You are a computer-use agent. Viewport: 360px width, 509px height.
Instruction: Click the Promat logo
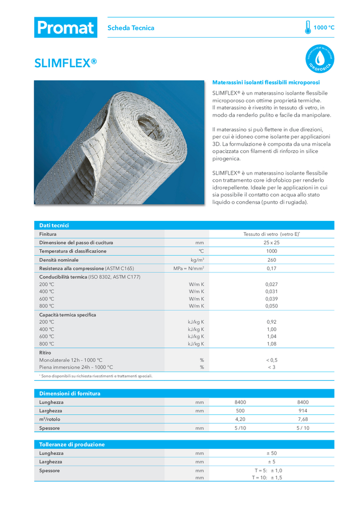point(65,27)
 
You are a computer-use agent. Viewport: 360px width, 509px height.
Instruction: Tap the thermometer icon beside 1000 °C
point(308,27)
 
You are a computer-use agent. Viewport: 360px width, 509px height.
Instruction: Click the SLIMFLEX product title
point(65,63)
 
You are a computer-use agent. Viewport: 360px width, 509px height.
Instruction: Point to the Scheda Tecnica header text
point(131,28)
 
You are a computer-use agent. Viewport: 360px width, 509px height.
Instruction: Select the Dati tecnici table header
point(54,225)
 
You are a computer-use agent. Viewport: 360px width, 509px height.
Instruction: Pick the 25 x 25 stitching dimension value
point(271,243)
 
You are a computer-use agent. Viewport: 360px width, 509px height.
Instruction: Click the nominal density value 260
point(271,260)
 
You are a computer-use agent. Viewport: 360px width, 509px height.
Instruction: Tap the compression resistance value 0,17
point(271,268)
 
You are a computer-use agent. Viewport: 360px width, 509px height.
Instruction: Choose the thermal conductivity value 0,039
point(271,299)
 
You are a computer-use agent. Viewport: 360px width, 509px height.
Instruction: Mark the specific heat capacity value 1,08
point(271,344)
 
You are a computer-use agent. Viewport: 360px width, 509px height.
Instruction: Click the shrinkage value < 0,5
point(271,360)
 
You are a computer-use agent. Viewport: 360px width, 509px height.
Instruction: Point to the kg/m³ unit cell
point(197,260)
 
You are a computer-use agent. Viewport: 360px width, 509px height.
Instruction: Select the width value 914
point(303,411)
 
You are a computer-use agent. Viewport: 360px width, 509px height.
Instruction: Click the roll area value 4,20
point(240,419)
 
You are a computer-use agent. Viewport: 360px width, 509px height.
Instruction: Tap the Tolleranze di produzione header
point(72,444)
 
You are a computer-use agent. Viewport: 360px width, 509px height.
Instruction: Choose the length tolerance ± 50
point(271,453)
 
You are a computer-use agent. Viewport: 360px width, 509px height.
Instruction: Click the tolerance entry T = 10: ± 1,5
point(267,478)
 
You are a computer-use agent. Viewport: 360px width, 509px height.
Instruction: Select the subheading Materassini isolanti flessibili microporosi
point(266,82)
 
